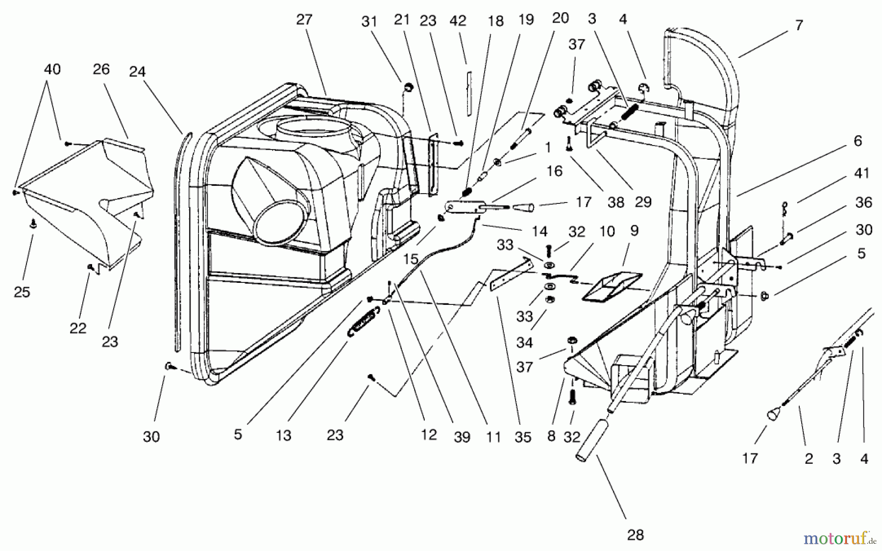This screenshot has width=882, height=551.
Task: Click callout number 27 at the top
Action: [x=304, y=20]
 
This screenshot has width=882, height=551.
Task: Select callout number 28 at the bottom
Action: [x=635, y=535]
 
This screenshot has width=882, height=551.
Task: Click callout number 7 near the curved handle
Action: [x=799, y=25]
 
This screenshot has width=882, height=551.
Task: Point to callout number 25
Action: [x=22, y=292]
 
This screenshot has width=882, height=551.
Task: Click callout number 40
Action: [x=52, y=69]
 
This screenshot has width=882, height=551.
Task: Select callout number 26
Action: [x=101, y=69]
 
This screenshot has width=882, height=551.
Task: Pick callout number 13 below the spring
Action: [x=283, y=435]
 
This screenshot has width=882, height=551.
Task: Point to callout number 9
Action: [x=634, y=231]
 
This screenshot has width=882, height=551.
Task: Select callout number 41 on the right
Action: [x=861, y=173]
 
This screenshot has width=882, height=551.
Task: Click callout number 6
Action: [x=857, y=141]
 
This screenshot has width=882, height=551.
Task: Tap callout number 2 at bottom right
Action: [x=808, y=459]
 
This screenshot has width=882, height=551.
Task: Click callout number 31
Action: [x=369, y=22]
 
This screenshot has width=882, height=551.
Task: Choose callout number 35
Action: [x=523, y=437]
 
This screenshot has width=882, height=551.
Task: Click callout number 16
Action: [x=554, y=171]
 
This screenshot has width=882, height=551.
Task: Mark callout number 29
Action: [x=643, y=201]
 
